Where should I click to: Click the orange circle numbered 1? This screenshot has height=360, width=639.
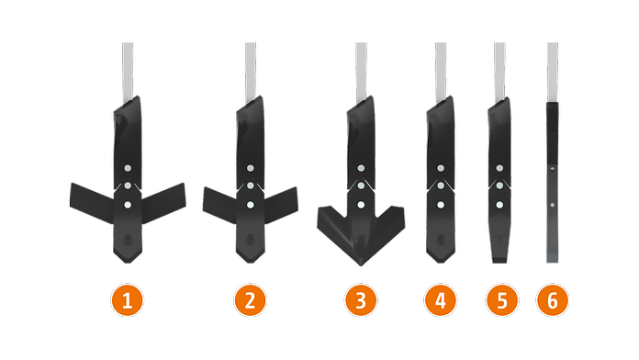pos(127,300)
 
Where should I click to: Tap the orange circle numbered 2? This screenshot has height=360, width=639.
pos(250,300)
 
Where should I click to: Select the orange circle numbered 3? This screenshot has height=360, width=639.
pos(361,300)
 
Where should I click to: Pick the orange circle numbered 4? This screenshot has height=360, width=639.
pos(440,300)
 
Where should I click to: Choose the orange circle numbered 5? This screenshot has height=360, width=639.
pos(501,300)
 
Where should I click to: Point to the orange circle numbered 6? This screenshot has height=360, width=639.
pos(552,300)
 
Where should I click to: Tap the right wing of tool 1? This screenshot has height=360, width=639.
pos(163,203)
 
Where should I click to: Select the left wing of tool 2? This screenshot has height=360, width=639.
pos(220,205)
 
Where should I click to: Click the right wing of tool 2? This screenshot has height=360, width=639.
pos(281,205)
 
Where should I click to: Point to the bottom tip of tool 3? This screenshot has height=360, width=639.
pos(361,265)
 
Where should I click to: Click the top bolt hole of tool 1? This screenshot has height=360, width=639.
pos(128,168)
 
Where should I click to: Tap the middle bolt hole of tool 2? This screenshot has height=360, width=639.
pos(251,186)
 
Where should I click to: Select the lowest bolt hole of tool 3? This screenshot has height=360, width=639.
pos(361,205)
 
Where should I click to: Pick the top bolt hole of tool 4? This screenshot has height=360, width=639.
pos(441,168)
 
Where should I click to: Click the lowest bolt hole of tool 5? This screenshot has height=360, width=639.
pos(499,205)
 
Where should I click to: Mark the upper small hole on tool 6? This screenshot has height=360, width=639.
pos(552,168)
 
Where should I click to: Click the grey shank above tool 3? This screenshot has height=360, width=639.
pos(361,72)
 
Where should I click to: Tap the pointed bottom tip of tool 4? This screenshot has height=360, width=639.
pos(440,262)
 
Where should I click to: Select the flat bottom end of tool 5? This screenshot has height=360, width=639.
pos(499,260)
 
